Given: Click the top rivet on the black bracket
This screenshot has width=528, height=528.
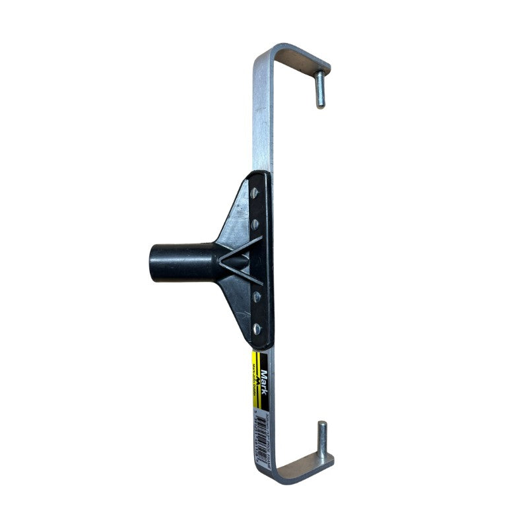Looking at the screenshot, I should coord(255,192).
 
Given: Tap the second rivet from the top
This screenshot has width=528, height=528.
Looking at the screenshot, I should coord(255,224).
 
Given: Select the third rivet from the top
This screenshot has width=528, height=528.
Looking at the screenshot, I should coord(256,296).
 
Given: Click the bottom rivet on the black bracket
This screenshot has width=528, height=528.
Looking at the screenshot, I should coord(257,328).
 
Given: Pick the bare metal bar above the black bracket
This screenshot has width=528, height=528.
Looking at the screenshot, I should coord(261,119).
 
